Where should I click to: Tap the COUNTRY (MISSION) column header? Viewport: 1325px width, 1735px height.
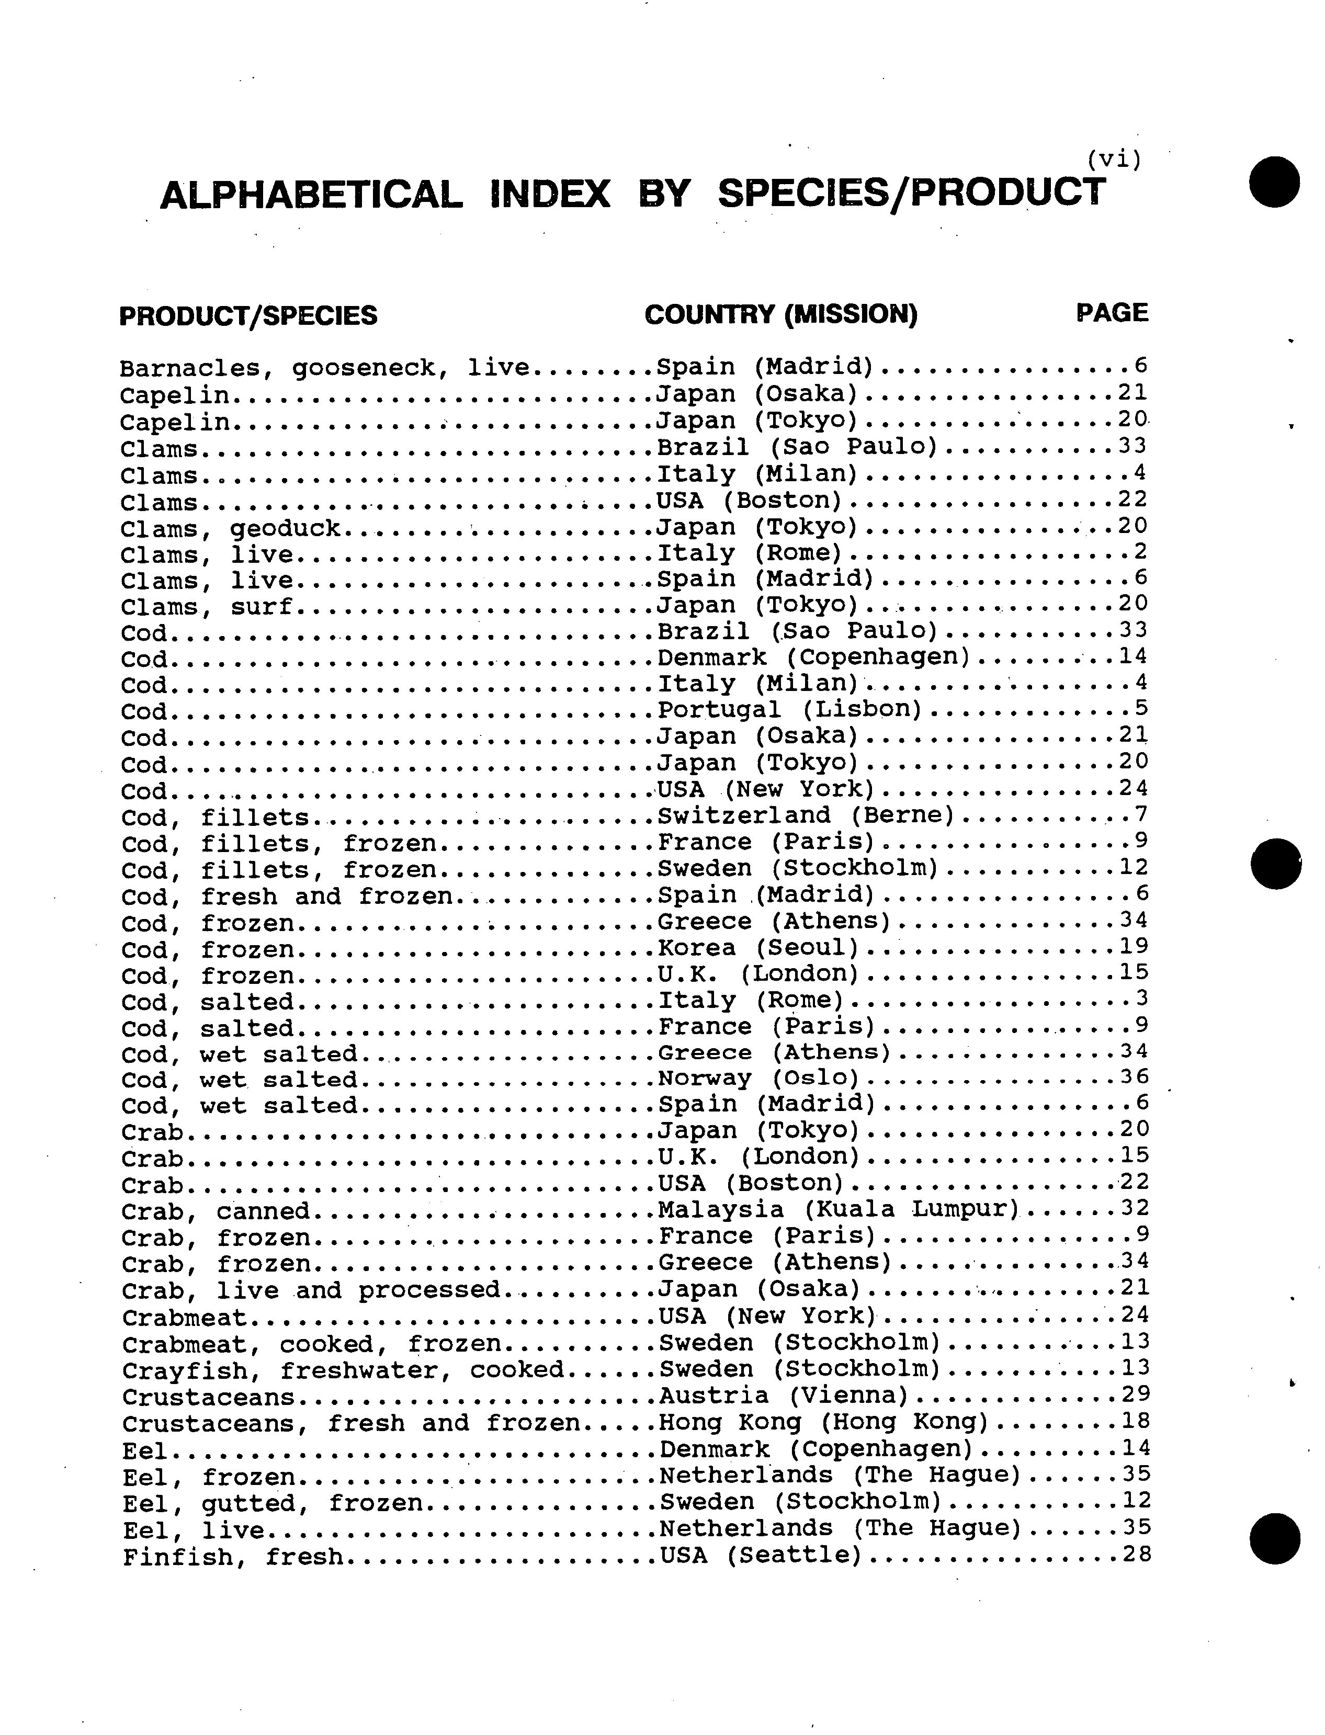(781, 314)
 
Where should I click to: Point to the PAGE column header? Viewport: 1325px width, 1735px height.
(1112, 312)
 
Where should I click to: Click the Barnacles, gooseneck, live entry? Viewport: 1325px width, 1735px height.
(324, 368)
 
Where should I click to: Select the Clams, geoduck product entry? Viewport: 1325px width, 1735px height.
(230, 528)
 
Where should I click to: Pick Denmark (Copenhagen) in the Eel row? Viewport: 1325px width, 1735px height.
(816, 1449)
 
